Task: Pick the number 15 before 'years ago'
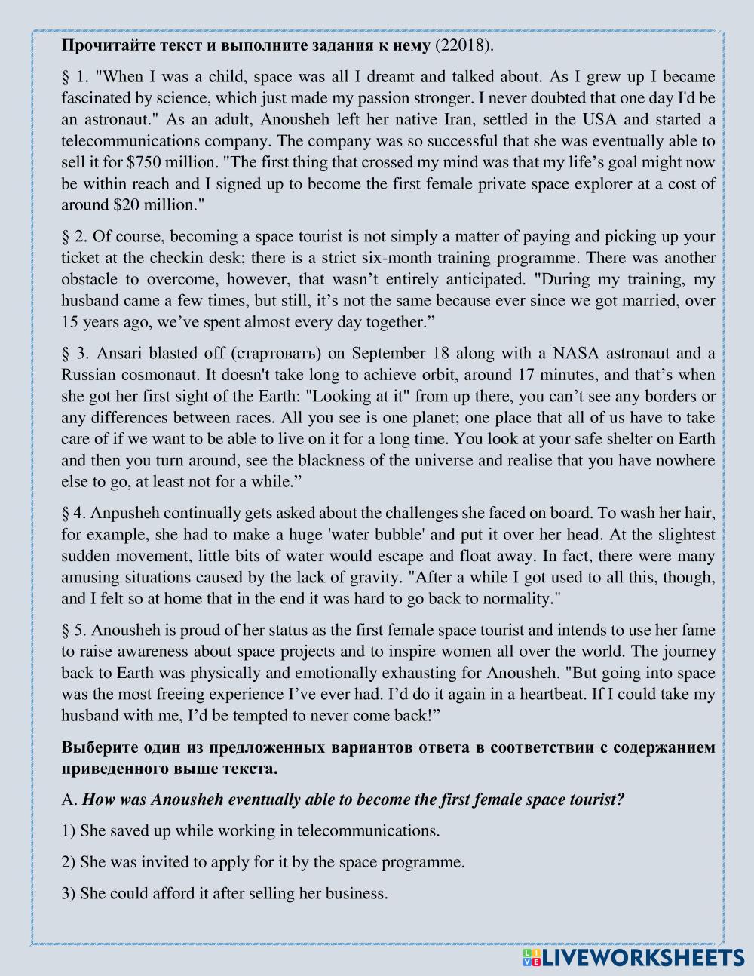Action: pos(69,321)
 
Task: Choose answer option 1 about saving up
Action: pos(250,830)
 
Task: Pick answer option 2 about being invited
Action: pos(262,862)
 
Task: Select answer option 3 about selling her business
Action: pos(224,894)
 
